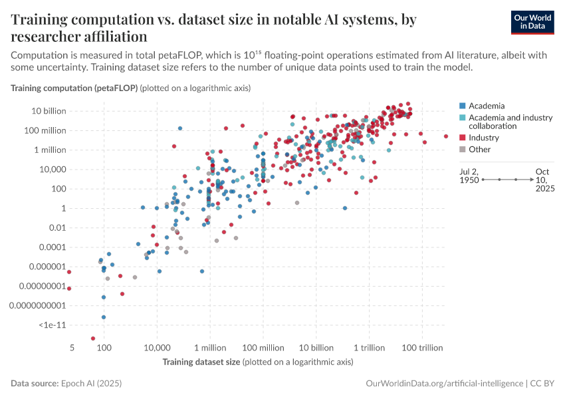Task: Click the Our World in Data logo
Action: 532,21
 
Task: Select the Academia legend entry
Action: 487,106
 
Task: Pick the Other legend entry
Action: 479,150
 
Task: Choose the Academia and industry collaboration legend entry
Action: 510,122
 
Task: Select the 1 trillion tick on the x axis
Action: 370,348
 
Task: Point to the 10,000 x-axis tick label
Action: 157,348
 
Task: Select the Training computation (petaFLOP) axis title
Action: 73,88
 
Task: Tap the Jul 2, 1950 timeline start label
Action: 469,180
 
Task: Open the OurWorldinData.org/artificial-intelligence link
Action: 444,384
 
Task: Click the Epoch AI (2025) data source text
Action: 91,384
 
